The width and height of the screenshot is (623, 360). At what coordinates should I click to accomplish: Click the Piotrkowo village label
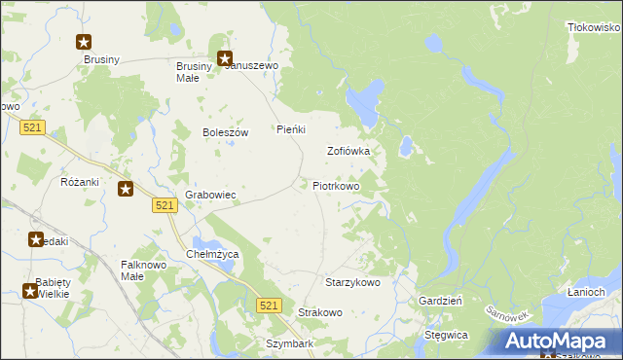pos(336,185)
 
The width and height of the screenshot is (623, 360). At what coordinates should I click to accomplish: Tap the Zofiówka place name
pos(348,151)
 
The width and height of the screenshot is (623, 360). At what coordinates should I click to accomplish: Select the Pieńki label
pos(291,129)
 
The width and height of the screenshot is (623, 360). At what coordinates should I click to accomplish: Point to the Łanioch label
pos(586,292)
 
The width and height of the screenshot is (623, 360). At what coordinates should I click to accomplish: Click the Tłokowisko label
pos(594,28)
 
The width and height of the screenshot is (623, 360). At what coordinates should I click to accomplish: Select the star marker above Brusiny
pos(84,42)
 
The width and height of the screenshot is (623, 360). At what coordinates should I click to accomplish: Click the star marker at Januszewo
pos(225,58)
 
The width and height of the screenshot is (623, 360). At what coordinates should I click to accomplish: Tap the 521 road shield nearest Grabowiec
pos(164,205)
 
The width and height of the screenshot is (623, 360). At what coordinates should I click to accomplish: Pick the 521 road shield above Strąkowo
pos(270,306)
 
